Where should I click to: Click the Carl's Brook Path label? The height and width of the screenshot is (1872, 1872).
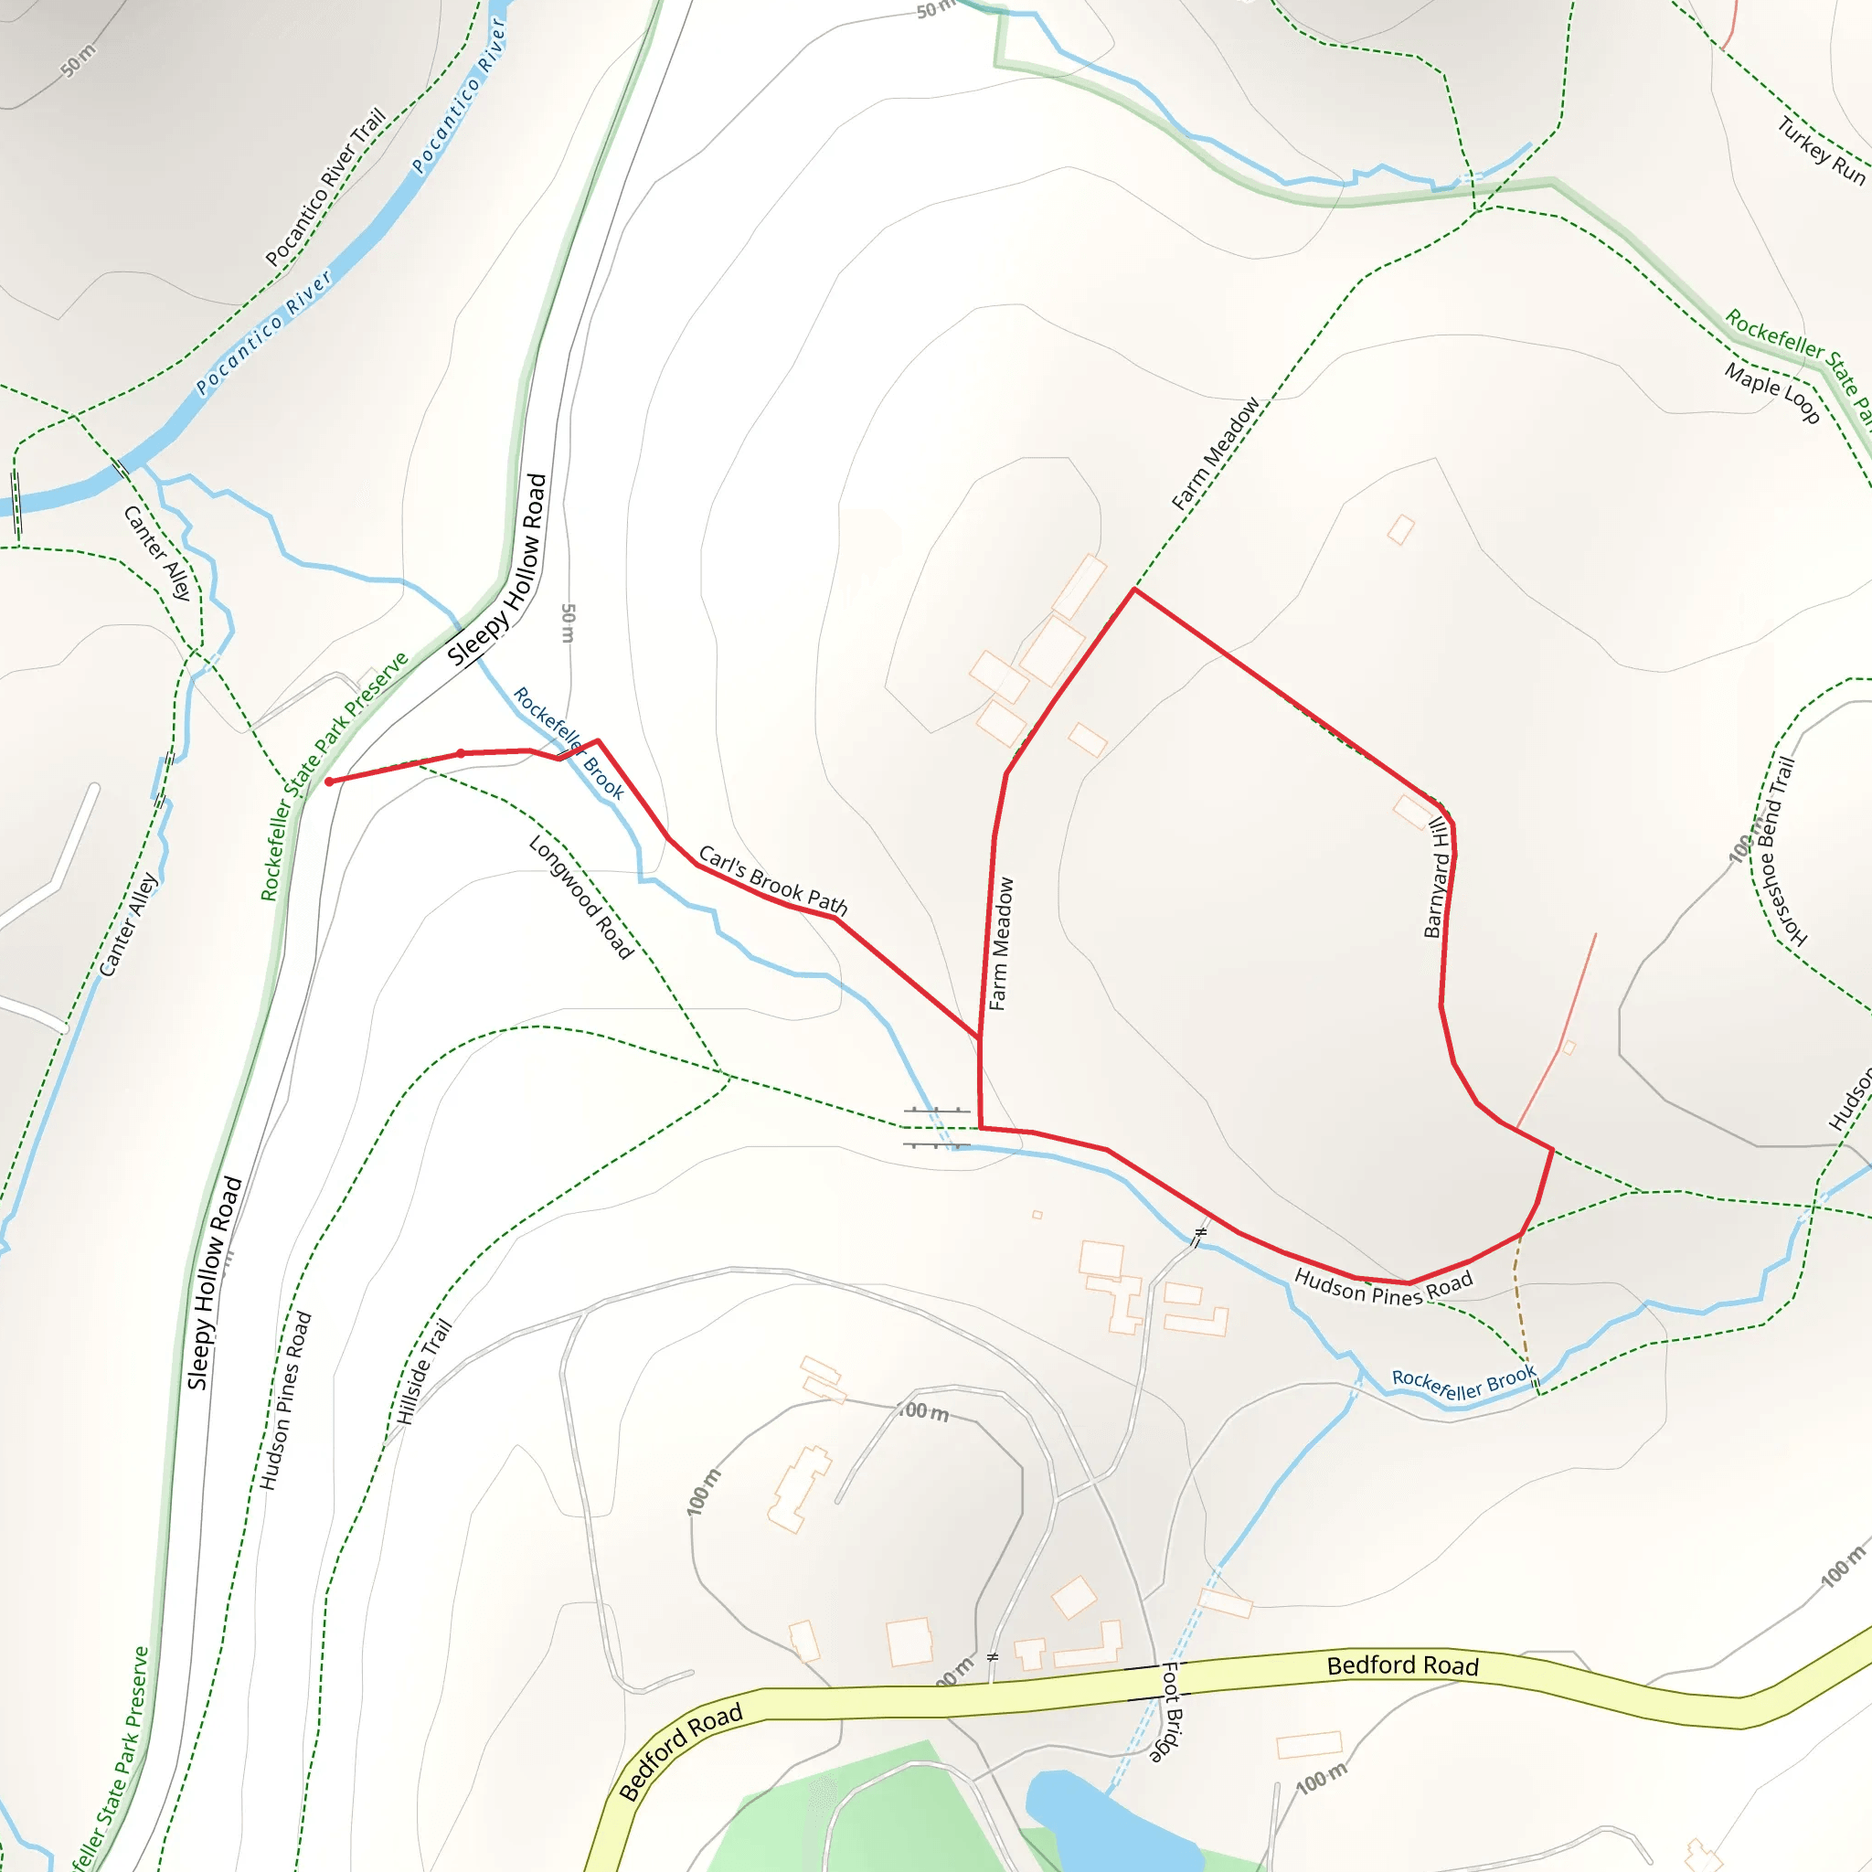(772, 881)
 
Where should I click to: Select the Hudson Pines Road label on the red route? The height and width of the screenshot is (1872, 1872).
(1383, 1287)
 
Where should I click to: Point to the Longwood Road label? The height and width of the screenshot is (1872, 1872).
(580, 897)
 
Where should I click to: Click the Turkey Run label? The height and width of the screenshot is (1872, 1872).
(1821, 150)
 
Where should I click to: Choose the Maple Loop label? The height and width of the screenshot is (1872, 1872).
(1771, 391)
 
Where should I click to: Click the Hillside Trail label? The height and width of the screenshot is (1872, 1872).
(424, 1372)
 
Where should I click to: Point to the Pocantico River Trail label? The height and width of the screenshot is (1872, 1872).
(325, 186)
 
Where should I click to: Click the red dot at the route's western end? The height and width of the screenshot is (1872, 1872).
(329, 781)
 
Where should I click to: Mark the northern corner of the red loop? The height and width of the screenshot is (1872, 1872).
(1133, 590)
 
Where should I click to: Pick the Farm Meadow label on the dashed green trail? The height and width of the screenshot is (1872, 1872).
(1215, 453)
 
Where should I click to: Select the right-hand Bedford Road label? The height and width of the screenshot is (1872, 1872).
(1402, 1665)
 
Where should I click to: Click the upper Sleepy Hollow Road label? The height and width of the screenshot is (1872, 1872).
(497, 569)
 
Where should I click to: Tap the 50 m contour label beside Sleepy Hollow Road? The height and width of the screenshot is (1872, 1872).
(568, 623)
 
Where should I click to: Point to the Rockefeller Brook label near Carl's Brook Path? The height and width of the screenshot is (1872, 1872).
(569, 742)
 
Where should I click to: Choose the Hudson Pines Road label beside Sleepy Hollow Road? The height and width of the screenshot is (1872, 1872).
(285, 1400)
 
